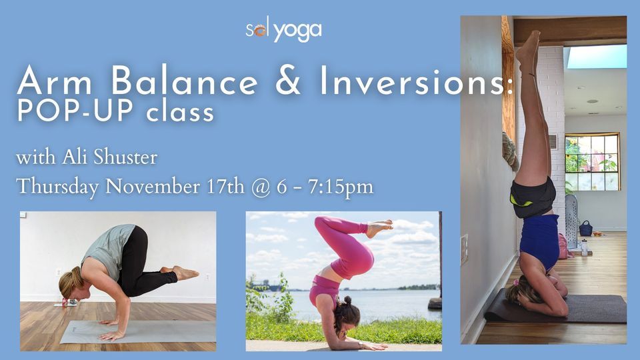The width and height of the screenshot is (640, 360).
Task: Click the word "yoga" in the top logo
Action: (x=298, y=31)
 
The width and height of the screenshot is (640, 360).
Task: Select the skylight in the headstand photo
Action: (x=595, y=57)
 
